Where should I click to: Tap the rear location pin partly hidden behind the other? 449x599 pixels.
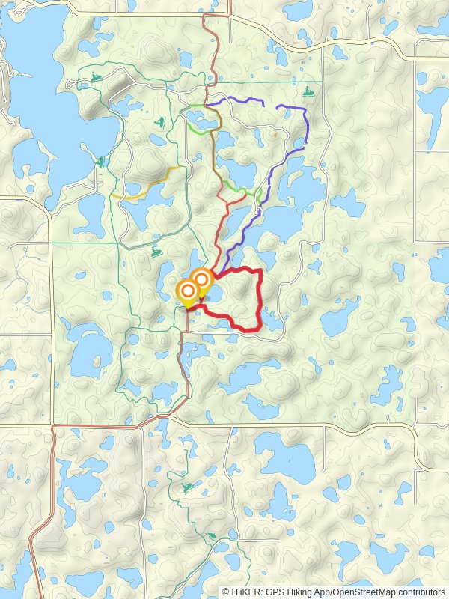(x=202, y=279)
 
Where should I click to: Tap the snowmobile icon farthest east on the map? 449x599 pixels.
(x=308, y=93)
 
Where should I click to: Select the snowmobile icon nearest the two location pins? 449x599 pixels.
(x=156, y=252)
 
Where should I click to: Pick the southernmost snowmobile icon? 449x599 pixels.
(x=213, y=536)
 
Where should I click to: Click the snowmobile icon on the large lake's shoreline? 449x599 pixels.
(x=100, y=161)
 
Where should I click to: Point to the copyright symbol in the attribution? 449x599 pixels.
(x=227, y=592)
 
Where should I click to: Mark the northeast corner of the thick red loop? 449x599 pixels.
(x=260, y=270)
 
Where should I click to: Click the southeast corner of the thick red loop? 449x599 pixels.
(x=258, y=326)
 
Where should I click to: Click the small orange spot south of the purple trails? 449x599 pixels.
(x=275, y=135)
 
